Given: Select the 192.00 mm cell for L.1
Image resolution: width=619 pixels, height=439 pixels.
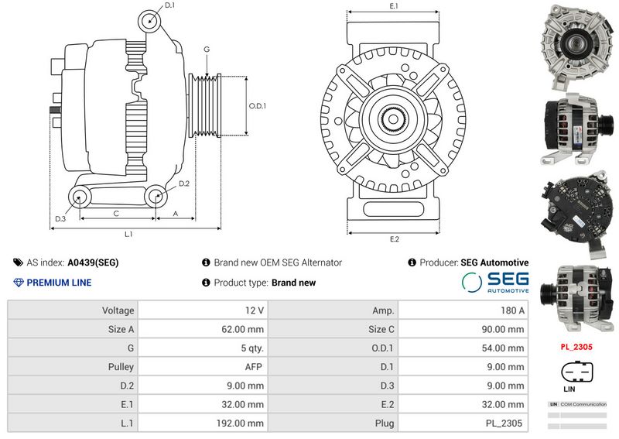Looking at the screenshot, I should (x=239, y=424).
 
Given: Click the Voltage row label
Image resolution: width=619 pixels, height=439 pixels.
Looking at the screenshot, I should (x=118, y=310).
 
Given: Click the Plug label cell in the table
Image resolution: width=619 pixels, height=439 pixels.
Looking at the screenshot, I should (x=385, y=424).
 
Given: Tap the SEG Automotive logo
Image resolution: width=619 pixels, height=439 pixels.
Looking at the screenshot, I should (x=495, y=283).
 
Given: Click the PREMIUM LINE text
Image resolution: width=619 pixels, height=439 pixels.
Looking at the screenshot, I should (x=58, y=283).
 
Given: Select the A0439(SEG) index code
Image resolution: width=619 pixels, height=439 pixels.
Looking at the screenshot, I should (x=93, y=263).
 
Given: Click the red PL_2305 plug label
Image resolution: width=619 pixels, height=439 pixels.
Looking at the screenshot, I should (x=576, y=348).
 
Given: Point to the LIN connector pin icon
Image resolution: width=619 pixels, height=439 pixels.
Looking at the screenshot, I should (x=576, y=370).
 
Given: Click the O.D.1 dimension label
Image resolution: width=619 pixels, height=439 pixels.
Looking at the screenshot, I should (x=257, y=106).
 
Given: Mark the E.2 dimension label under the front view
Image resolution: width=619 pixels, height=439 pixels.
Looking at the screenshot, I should (x=394, y=239).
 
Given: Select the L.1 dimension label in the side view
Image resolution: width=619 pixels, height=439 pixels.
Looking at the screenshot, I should (x=129, y=233).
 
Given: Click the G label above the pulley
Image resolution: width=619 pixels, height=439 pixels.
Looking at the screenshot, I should (x=207, y=50).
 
